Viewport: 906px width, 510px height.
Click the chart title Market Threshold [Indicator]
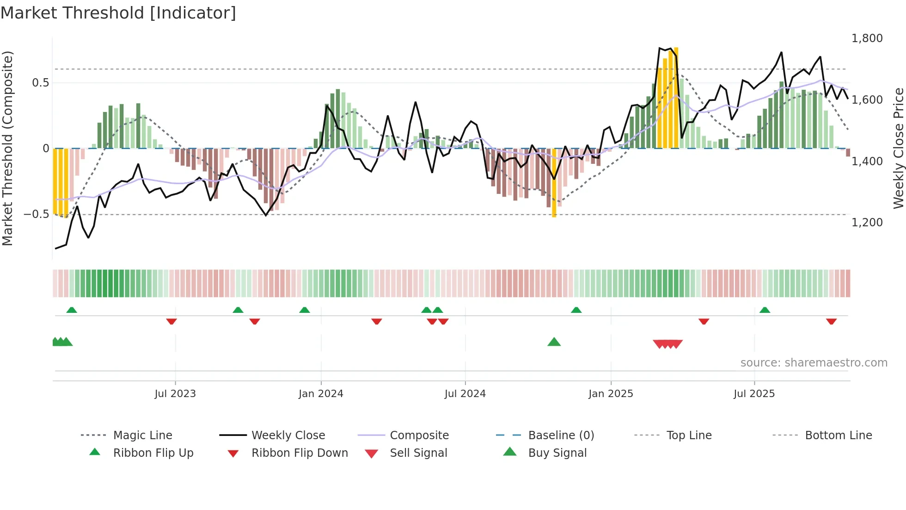point(118,13)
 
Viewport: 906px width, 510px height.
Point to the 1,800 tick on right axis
point(867,38)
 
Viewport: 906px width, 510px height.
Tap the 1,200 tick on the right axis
point(867,223)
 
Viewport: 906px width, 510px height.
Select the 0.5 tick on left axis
point(40,83)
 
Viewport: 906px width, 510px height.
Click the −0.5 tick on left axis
point(37,214)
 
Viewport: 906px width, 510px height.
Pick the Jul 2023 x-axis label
point(175,394)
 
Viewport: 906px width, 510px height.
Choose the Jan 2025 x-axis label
point(611,394)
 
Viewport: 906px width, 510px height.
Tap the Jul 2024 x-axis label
point(465,394)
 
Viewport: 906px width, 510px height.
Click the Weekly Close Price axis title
point(898,148)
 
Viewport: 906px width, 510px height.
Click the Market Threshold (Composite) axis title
point(7,148)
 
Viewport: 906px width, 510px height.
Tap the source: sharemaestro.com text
point(814,363)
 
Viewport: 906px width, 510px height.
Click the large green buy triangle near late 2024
point(554,342)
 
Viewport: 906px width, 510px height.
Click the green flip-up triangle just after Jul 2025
point(765,310)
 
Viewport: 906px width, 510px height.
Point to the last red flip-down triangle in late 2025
point(831,321)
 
